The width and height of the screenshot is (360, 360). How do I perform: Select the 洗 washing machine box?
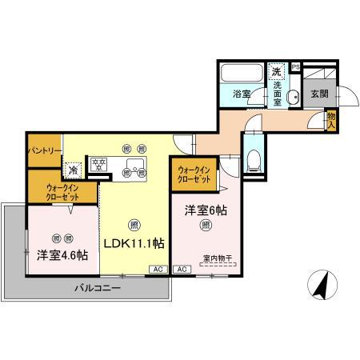[276, 70]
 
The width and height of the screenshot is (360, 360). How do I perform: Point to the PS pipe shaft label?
[295, 67]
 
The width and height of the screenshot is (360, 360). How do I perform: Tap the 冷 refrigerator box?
[72, 170]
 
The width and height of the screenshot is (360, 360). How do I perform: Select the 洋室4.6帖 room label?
[62, 255]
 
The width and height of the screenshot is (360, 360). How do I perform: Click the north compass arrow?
[323, 285]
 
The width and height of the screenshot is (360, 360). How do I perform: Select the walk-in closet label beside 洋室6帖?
[194, 174]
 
